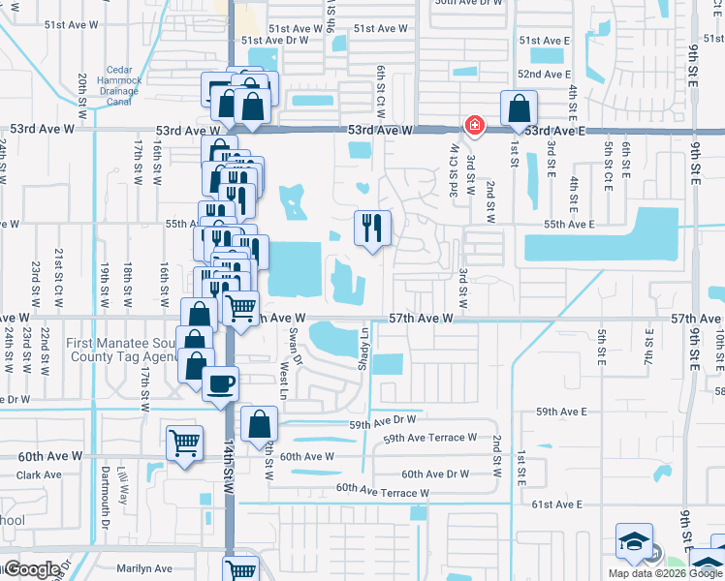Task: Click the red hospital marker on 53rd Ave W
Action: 474,125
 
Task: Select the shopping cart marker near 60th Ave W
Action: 184,443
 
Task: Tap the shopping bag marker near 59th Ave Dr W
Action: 259,424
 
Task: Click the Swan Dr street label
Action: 293,343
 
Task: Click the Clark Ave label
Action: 39,475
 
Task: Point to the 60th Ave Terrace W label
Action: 382,493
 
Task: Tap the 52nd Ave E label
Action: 544,75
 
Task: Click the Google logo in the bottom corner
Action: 32,569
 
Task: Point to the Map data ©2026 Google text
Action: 666,573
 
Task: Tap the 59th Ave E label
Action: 562,412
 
